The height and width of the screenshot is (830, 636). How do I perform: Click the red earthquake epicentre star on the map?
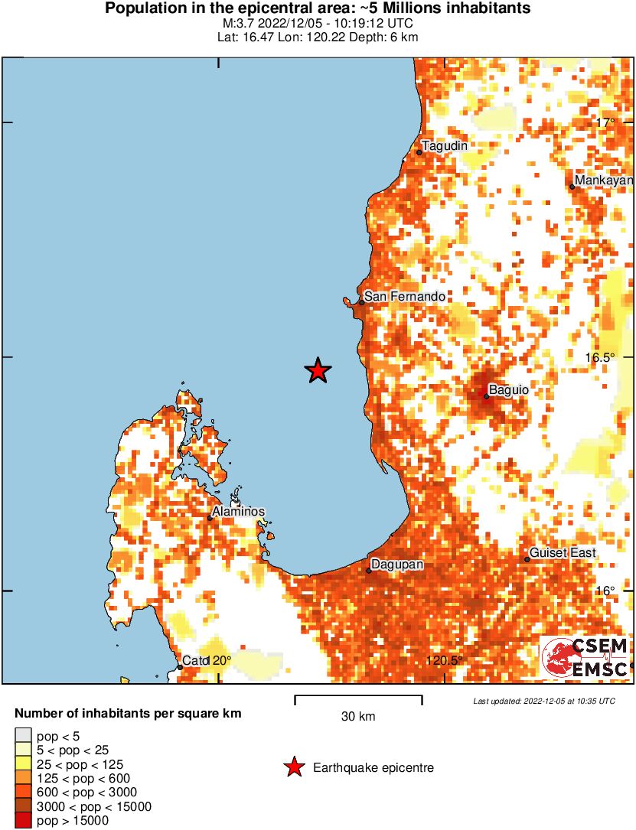[318, 371]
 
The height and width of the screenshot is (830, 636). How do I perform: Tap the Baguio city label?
[508, 391]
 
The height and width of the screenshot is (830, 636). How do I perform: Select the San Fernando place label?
[403, 296]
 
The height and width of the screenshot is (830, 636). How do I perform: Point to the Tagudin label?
[445, 145]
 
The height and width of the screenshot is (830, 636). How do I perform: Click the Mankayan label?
[604, 181]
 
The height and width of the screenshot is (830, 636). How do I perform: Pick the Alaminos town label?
[238, 512]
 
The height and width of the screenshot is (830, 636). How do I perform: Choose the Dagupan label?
[396, 565]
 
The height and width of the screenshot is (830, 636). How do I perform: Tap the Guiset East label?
[565, 553]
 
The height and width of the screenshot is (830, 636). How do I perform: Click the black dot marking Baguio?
[487, 396]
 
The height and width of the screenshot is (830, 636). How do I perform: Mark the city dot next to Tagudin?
[419, 152]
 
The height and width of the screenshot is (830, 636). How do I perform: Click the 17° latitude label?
[606, 123]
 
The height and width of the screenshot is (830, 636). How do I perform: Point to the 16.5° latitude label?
[602, 357]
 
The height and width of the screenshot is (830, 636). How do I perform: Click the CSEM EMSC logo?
[585, 658]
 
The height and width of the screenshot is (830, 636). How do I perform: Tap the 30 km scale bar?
[358, 698]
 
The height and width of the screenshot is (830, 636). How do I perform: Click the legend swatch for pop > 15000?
[24, 821]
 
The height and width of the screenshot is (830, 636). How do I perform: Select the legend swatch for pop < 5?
[24, 737]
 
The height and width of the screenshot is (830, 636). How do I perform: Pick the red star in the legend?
[293, 767]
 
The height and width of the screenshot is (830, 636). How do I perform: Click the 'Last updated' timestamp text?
[543, 701]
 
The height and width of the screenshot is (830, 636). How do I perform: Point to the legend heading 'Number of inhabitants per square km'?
[128, 714]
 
